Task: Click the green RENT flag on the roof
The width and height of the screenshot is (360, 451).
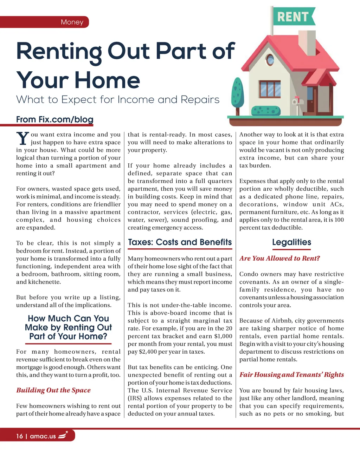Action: [x=293, y=17]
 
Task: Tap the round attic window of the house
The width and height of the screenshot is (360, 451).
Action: [x=270, y=60]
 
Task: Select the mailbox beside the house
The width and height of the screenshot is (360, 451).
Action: [x=298, y=100]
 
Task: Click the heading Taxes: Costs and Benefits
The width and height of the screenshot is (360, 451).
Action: [x=180, y=242]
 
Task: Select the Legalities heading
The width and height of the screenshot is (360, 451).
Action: [x=291, y=242]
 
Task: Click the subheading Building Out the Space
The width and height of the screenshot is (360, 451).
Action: [x=53, y=390]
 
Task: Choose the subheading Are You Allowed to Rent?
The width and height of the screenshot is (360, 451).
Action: [x=279, y=259]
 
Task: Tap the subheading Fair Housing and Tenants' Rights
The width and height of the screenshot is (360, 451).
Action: [x=291, y=375]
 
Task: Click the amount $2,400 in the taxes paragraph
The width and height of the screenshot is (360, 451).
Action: [x=149, y=352]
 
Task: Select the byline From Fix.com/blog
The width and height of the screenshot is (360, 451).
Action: [x=55, y=119]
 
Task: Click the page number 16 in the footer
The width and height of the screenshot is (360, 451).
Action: [x=19, y=436]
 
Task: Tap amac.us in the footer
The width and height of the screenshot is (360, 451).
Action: [x=43, y=436]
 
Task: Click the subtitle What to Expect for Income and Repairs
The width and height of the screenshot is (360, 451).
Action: [x=118, y=100]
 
